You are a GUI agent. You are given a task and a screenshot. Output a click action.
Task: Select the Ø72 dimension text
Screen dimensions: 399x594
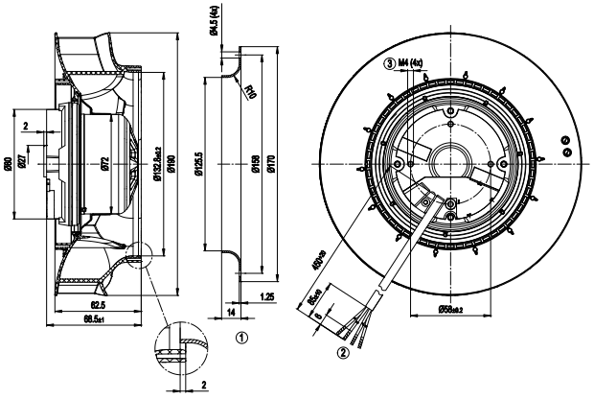pyautogui.click(x=105, y=164)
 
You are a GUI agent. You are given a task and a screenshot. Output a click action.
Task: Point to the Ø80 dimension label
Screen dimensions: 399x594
pyautogui.click(x=8, y=163)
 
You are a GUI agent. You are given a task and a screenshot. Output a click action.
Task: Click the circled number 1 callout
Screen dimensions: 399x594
pyautogui.click(x=241, y=338)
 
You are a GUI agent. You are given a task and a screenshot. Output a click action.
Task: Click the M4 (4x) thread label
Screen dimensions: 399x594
pyautogui.click(x=410, y=63)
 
